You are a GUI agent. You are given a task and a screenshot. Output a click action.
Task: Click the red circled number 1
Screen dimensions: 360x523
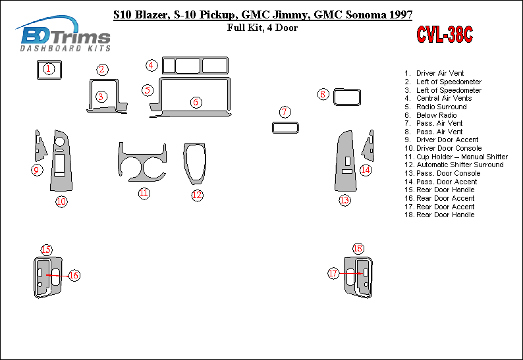click(x=48, y=68)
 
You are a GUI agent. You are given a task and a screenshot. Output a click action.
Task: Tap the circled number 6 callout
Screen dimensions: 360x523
click(x=196, y=102)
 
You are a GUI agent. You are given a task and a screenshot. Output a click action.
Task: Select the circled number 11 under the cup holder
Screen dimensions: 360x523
click(x=144, y=193)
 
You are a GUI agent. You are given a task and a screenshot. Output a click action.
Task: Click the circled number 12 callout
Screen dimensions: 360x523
click(x=197, y=195)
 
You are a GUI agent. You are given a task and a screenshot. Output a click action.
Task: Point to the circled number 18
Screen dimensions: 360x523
click(x=358, y=248)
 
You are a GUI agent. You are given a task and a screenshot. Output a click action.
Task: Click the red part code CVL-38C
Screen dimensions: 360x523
click(x=444, y=34)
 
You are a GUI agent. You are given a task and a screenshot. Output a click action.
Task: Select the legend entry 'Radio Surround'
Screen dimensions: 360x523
click(x=441, y=107)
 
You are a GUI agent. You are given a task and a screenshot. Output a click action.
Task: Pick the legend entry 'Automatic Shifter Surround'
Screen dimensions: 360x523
click(x=460, y=165)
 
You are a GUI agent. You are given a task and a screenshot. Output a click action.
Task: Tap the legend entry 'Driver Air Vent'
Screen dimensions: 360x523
click(x=440, y=73)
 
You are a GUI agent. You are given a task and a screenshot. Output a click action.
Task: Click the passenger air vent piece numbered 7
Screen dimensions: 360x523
click(x=285, y=127)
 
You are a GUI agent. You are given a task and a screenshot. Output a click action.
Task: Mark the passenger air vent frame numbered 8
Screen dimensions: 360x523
click(x=346, y=97)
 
